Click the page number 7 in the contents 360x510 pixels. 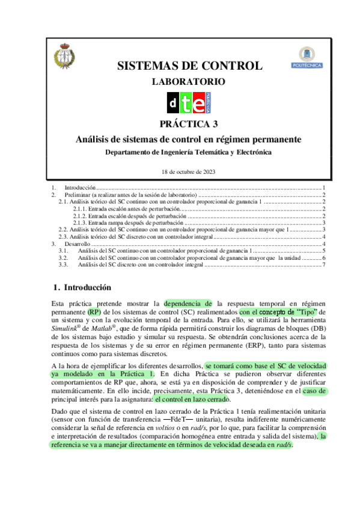323,265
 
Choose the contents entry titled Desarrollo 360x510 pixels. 76,244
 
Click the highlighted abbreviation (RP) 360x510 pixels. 94,312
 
